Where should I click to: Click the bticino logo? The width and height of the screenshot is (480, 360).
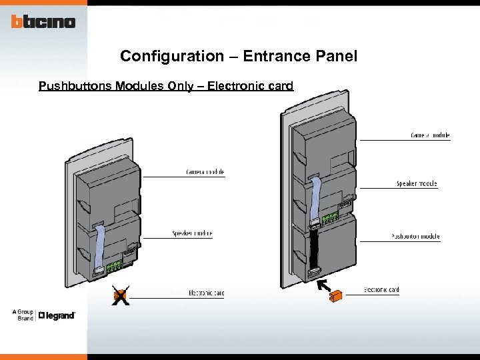[x=43, y=22]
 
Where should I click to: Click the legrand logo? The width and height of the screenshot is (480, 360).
[x=57, y=315]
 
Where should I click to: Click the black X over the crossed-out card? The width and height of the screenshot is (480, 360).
[x=120, y=296]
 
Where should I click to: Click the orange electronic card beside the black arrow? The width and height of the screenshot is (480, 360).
[x=336, y=295]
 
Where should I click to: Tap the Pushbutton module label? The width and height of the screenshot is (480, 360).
[x=415, y=237]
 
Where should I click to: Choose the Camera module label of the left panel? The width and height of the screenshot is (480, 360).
[x=205, y=172]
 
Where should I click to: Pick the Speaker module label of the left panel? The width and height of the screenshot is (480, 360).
[x=192, y=233]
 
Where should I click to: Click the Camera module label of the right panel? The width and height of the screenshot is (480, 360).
[x=430, y=135]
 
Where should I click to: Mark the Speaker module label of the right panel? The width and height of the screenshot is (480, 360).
[x=417, y=183]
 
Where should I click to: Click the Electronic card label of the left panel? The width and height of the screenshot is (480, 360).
[x=206, y=293]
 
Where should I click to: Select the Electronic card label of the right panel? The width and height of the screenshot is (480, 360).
[x=381, y=290]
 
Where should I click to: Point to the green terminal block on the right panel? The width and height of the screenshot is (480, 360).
[x=329, y=217]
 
